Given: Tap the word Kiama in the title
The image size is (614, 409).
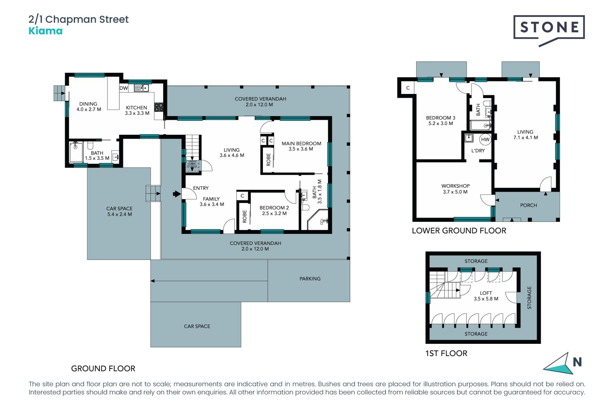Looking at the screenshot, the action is click(45, 31).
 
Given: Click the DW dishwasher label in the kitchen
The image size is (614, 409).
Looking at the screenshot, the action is click(124, 88).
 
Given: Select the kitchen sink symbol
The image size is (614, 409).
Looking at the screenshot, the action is click(141, 88).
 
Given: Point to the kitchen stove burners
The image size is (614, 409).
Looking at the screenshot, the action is click(159, 107).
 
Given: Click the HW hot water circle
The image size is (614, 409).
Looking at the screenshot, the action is click(485, 139).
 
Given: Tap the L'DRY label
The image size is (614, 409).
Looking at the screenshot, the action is click(478, 150).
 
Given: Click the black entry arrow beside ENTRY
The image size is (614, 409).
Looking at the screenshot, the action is click(177, 194).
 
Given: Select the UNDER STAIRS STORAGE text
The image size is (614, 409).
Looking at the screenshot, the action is click(192, 164).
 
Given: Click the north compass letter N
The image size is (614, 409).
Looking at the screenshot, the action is click(577, 362).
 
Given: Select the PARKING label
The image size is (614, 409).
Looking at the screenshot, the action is click(310, 279).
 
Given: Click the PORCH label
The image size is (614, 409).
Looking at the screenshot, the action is click(528, 205).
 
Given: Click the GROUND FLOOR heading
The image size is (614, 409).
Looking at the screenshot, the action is click(103, 368).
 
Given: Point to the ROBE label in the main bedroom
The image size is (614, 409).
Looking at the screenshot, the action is click(268, 159).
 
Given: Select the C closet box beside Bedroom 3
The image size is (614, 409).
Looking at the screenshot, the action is click(408, 88).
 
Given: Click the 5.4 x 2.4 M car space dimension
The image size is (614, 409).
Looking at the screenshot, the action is click(120, 214).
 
